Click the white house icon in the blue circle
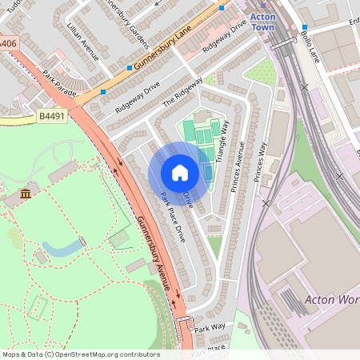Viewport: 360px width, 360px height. pyautogui.click(x=180, y=172)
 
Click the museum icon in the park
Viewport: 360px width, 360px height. pyautogui.click(x=26, y=194)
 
